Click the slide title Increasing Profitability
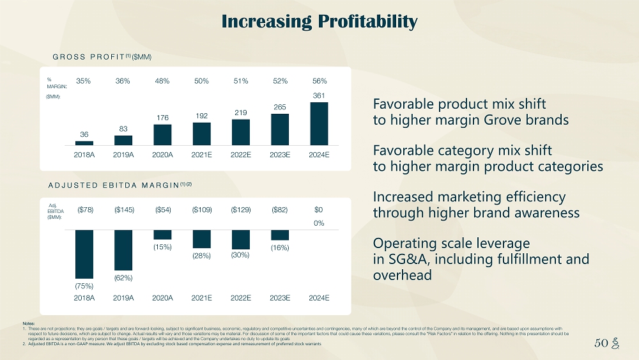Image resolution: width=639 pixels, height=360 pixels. click(319, 22)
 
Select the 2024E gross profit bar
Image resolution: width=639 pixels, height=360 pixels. click(319, 123)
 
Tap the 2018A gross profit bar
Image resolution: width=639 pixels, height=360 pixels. click(84, 143)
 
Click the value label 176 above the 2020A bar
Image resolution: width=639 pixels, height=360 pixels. click(162, 117)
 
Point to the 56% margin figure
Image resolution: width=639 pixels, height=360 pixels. click(319, 81)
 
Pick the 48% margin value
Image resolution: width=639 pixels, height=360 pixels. click(162, 81)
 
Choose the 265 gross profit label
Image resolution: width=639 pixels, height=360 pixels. click(280, 107)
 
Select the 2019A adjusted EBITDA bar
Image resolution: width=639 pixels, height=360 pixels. click(123, 249)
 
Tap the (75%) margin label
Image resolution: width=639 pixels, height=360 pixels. click(84, 285)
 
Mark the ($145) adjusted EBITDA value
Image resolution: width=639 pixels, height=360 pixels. click(123, 210)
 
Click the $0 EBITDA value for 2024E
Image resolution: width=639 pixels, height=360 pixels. click(319, 210)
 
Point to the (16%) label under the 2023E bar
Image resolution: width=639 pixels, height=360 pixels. click(280, 247)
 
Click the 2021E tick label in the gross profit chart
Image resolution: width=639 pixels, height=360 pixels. click(202, 155)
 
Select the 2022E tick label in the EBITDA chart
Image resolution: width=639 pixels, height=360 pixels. click(241, 297)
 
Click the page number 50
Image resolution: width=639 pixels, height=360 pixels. click(600, 343)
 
